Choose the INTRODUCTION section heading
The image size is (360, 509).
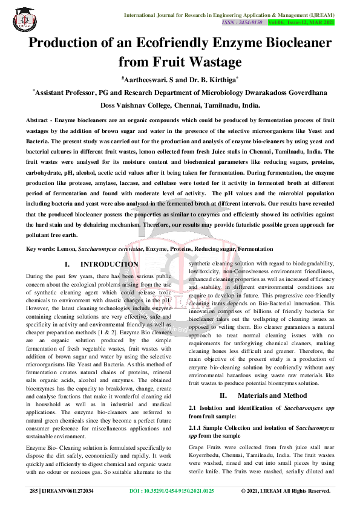point(109,264)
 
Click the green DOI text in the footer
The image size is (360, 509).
point(172,491)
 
